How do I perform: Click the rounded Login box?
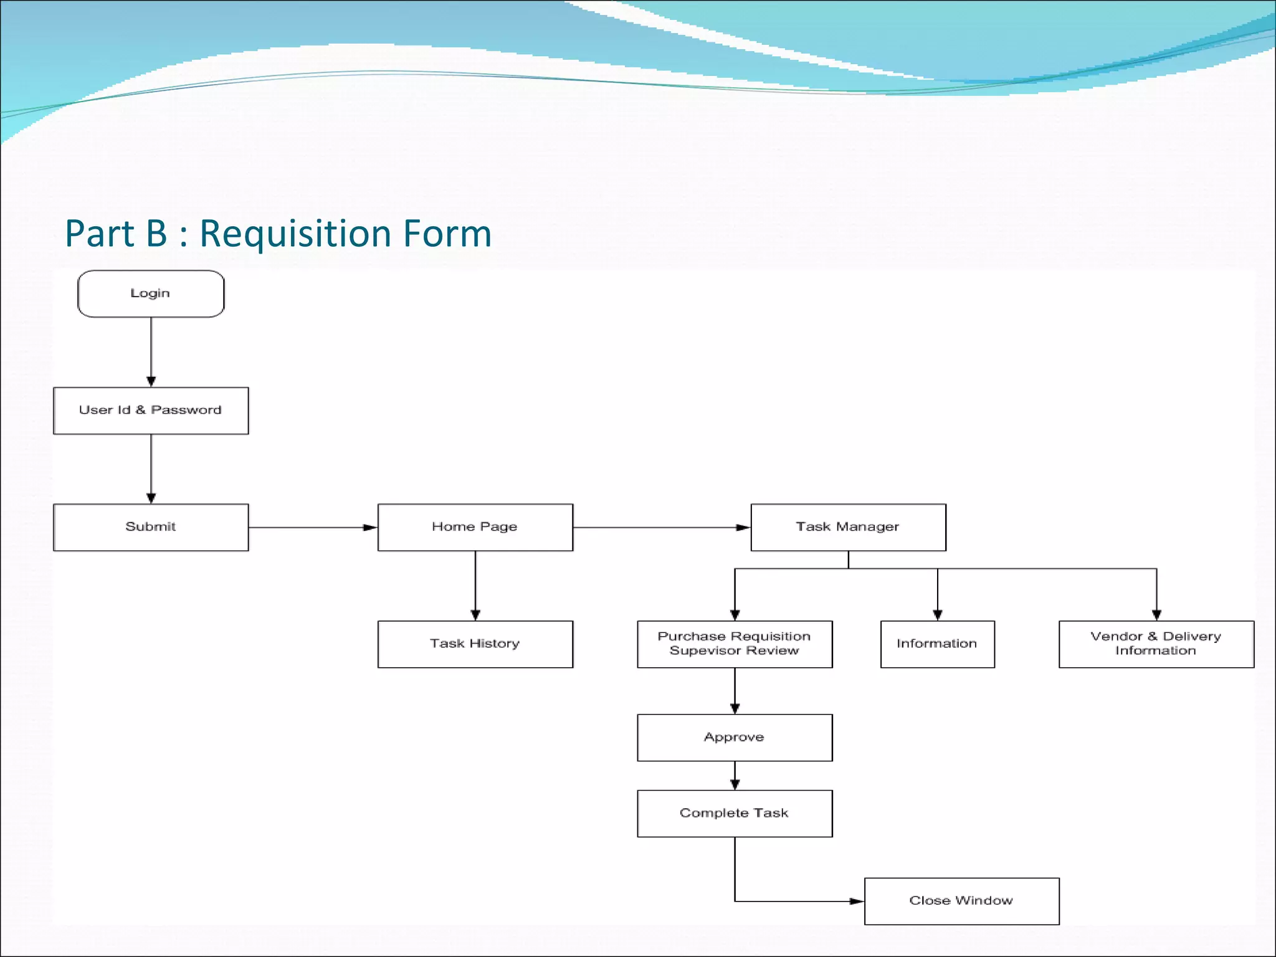151,293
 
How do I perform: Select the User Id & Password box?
151,411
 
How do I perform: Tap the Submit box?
151,527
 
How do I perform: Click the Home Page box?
475,527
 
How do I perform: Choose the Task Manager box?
848,527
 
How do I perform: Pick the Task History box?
475,644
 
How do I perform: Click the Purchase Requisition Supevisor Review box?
735,644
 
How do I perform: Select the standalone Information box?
937,644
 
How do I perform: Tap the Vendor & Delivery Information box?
1156,644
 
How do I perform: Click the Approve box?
735,738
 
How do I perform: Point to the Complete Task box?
735,814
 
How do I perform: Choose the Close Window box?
961,901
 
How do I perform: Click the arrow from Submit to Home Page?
312,528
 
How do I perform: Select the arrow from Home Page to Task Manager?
660,528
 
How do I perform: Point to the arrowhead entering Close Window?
857,901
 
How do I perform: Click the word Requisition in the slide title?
295,234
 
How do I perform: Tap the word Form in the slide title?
447,234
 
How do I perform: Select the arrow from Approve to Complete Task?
735,776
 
